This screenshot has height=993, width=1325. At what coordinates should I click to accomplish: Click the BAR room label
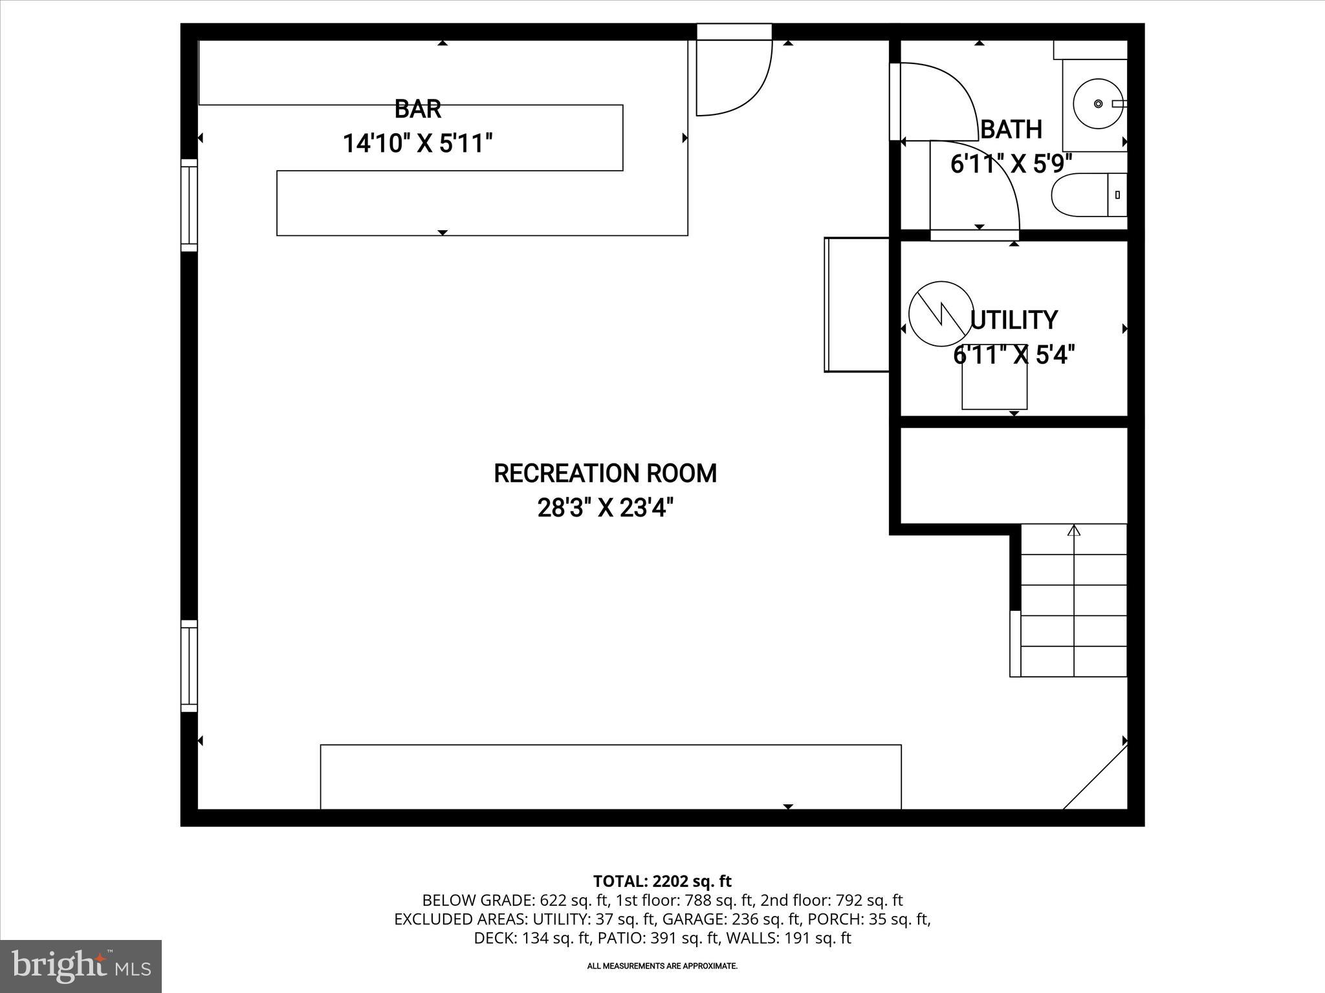418,109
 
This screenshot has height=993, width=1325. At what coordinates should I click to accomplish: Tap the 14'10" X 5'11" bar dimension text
417,144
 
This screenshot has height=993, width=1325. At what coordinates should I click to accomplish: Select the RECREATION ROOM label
605,473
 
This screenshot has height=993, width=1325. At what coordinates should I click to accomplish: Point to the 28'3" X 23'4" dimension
605,508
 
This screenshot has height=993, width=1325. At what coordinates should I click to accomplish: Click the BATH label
1011,129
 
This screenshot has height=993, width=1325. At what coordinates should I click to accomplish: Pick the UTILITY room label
1014,320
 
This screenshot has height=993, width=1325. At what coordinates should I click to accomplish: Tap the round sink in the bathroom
1098,103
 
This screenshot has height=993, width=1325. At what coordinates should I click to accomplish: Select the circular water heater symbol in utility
941,314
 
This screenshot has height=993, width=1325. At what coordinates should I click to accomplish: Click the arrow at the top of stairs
1074,531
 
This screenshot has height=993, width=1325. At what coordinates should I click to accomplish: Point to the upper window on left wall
188,205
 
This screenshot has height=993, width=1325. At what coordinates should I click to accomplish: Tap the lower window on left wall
188,666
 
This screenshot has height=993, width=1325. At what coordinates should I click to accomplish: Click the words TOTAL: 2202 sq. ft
662,881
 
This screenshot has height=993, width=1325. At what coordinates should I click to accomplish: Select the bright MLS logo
81,966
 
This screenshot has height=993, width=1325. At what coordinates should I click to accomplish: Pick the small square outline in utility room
994,385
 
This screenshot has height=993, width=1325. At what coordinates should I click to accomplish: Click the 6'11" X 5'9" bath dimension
1011,164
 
